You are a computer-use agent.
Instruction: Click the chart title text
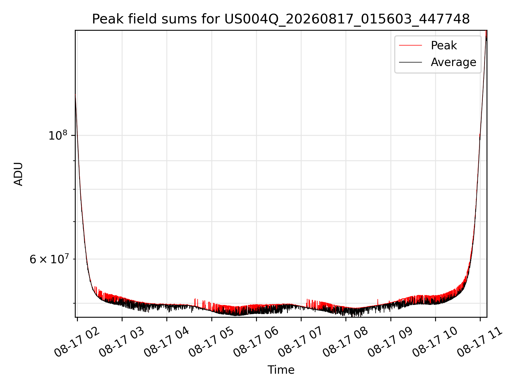pyautogui.click(x=281, y=19)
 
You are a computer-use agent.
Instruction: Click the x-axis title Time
pyautogui.click(x=281, y=370)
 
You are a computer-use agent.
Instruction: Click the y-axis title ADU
pyautogui.click(x=18, y=174)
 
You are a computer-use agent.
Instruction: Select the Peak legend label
pyautogui.click(x=444, y=45)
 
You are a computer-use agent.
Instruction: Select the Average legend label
pyautogui.click(x=453, y=62)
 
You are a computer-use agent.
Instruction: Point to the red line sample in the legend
pyautogui.click(x=410, y=45)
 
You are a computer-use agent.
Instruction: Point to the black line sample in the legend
pyautogui.click(x=410, y=62)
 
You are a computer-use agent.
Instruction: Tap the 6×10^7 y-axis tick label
pyautogui.click(x=49, y=259)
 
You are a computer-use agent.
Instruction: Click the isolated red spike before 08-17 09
pyautogui.click(x=378, y=302)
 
